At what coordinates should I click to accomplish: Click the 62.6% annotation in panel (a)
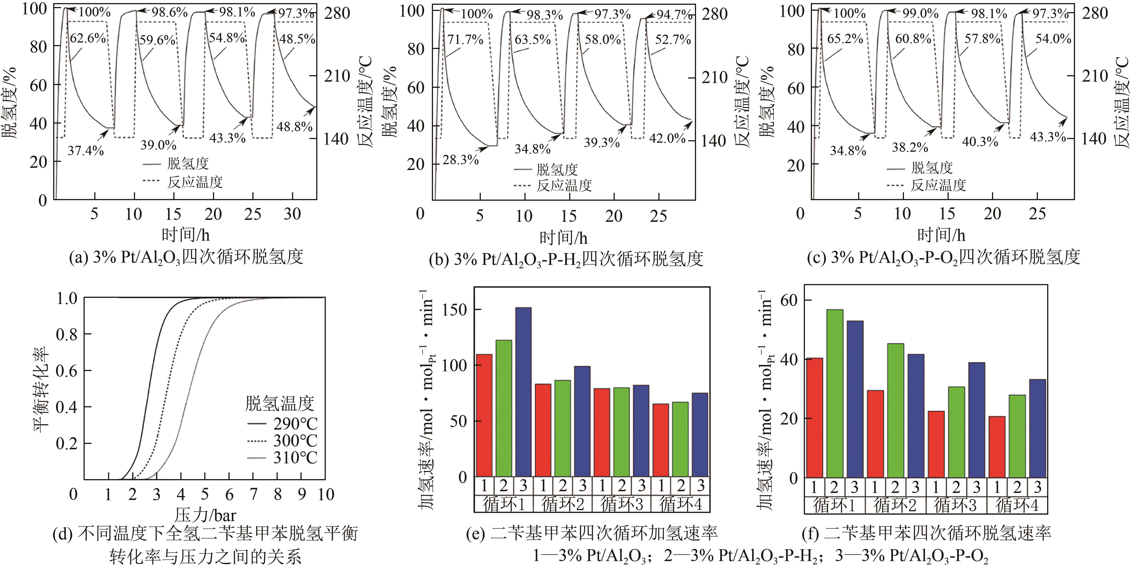point(88,39)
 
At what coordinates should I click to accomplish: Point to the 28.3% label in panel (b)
point(460,160)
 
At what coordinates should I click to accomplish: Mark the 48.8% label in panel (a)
point(294,127)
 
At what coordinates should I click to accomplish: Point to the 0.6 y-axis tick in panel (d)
point(67,371)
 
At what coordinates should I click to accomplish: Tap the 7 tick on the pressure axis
point(253,495)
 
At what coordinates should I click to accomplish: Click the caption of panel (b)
point(565,259)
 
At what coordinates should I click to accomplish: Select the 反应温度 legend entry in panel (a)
point(194,182)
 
